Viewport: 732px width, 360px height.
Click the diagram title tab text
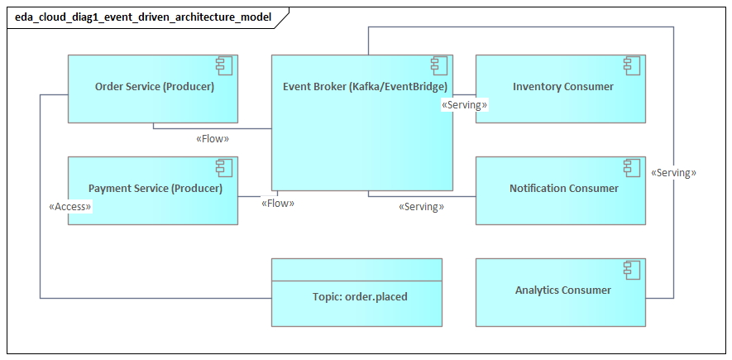point(142,17)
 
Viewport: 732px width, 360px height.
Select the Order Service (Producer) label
point(155,87)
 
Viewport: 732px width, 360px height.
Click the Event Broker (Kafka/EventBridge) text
point(365,87)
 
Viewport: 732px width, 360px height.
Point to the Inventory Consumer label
point(563,87)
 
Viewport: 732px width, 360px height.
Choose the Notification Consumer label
point(563,189)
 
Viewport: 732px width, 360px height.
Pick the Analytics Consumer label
point(563,290)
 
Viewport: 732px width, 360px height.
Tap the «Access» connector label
point(70,207)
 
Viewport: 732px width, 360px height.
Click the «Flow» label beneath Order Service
point(213,139)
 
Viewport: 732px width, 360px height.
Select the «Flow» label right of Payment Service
point(278,203)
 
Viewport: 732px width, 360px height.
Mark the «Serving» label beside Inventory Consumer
point(465,106)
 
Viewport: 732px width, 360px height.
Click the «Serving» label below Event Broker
point(421,207)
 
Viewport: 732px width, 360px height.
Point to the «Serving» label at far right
point(673,173)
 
